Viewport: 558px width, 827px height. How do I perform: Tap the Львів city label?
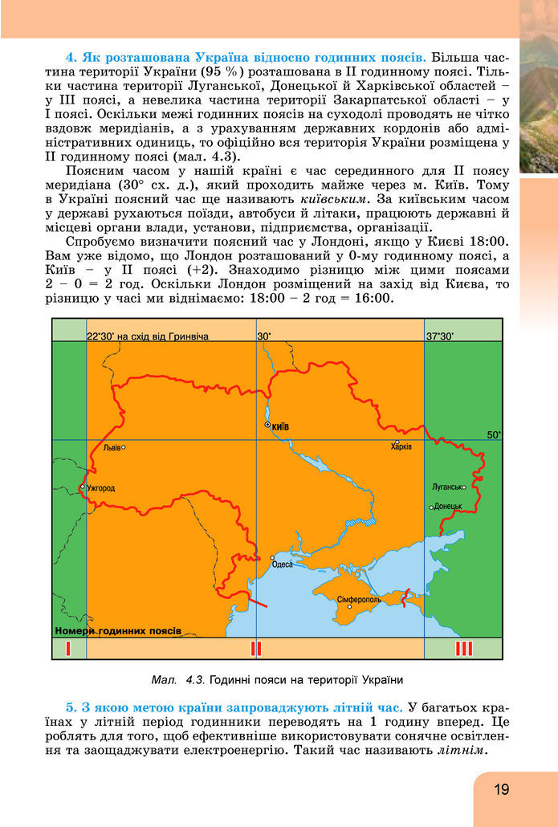[111, 447]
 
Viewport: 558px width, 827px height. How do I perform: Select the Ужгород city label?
[100, 487]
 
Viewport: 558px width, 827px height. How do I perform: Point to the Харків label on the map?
[401, 446]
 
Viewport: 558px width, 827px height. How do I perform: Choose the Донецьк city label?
[449, 507]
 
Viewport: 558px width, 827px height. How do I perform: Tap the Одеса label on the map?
[283, 564]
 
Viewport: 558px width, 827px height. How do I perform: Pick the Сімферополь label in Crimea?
[359, 599]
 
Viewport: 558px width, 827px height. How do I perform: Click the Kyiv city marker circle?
[267, 426]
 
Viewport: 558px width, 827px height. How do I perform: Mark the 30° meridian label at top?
[264, 336]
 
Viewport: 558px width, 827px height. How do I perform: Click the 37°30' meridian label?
[440, 336]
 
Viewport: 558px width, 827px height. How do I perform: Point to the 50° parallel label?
[493, 434]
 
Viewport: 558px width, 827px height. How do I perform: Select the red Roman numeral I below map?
[69, 649]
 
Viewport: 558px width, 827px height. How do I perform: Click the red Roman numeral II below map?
[256, 649]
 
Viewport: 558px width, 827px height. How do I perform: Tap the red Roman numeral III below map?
[464, 649]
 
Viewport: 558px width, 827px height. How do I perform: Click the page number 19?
[502, 789]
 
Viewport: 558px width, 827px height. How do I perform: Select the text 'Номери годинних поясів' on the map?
[118, 630]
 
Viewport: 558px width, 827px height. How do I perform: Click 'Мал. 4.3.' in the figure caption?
[177, 680]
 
